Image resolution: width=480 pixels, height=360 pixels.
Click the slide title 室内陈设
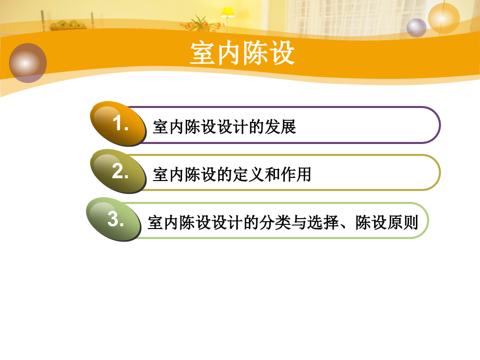[242, 54]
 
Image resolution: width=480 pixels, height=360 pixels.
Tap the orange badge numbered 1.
[119, 124]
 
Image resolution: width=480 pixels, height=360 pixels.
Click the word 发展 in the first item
[281, 127]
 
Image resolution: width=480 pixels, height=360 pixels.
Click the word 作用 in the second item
[296, 175]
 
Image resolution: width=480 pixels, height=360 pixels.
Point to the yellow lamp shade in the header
[227, 11]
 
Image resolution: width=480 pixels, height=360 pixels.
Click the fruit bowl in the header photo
[66, 25]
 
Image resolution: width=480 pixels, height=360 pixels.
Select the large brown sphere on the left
[28, 63]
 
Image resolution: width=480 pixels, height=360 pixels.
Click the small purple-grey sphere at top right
[416, 28]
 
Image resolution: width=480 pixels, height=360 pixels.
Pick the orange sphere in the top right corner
[444, 18]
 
